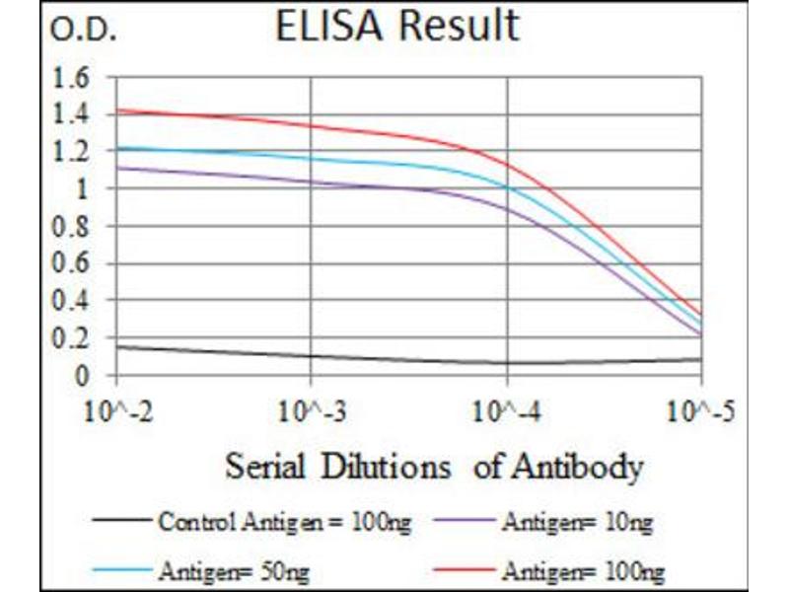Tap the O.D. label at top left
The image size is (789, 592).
[x=83, y=32]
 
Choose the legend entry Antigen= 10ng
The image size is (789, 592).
[x=576, y=521]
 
